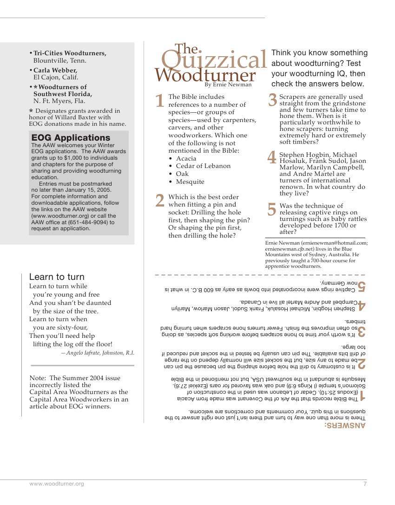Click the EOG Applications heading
point(71,137)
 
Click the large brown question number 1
point(160,101)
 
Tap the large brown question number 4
point(272,157)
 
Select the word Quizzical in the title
point(214,60)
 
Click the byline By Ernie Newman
point(228,84)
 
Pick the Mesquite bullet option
point(190,181)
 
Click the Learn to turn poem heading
point(57,277)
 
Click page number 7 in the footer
point(365,484)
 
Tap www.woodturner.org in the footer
point(57,484)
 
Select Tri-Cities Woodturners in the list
point(70,53)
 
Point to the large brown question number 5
point(272,209)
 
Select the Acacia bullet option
point(186,158)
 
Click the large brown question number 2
point(160,201)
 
